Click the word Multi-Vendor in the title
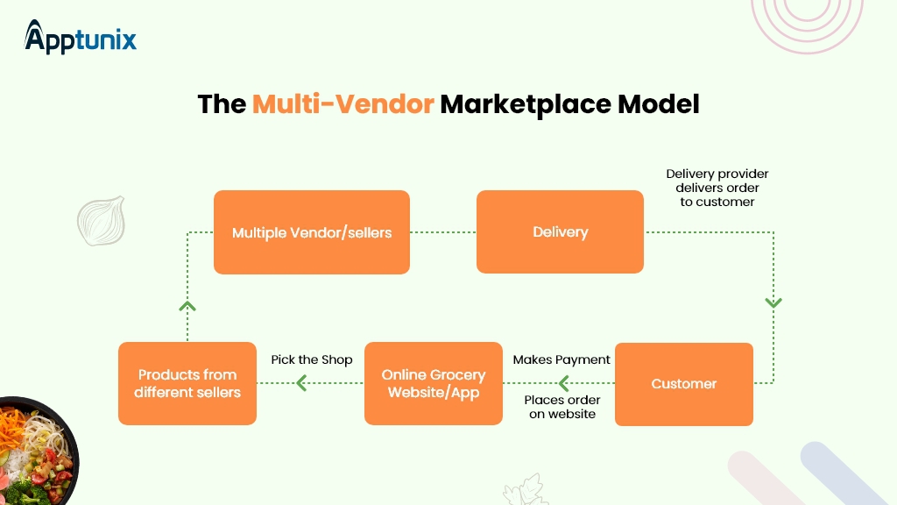pyautogui.click(x=343, y=103)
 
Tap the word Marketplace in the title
pyautogui.click(x=524, y=103)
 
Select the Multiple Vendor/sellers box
pyautogui.click(x=312, y=232)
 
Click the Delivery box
pyautogui.click(x=560, y=232)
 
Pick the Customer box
pyautogui.click(x=683, y=384)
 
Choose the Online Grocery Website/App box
pyautogui.click(x=434, y=383)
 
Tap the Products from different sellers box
pyautogui.click(x=187, y=383)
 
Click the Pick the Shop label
pyautogui.click(x=311, y=359)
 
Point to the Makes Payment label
pyautogui.click(x=562, y=359)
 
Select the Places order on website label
pyautogui.click(x=562, y=407)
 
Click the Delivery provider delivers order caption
pyautogui.click(x=717, y=188)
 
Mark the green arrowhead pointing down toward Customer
pyautogui.click(x=773, y=302)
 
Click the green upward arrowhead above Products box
pyautogui.click(x=187, y=305)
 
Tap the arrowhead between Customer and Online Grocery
pyautogui.click(x=562, y=383)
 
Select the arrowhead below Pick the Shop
pyautogui.click(x=301, y=383)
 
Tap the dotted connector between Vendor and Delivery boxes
pyautogui.click(x=442, y=232)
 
